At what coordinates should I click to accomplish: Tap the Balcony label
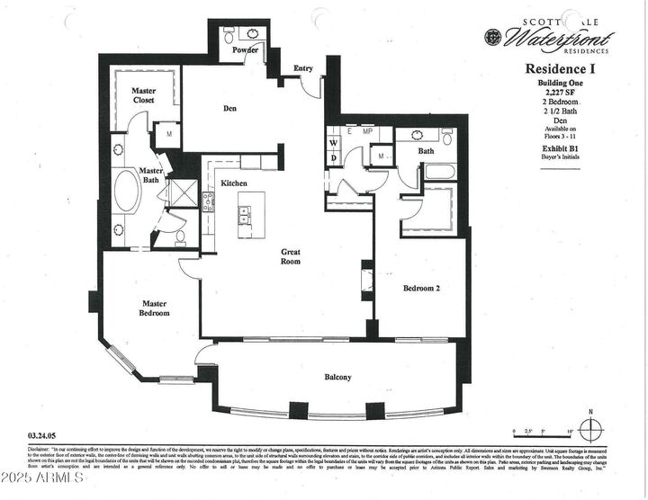click(337, 377)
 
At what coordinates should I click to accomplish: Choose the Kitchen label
click(234, 183)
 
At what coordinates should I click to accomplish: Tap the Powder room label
click(245, 50)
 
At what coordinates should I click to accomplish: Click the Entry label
click(302, 67)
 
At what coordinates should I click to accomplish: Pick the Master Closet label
click(144, 95)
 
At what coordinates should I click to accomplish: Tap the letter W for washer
click(333, 143)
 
